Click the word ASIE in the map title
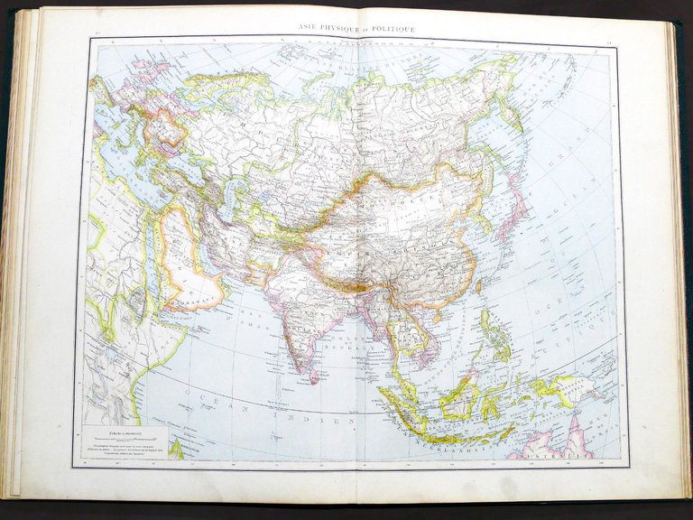311,29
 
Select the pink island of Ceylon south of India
314,373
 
